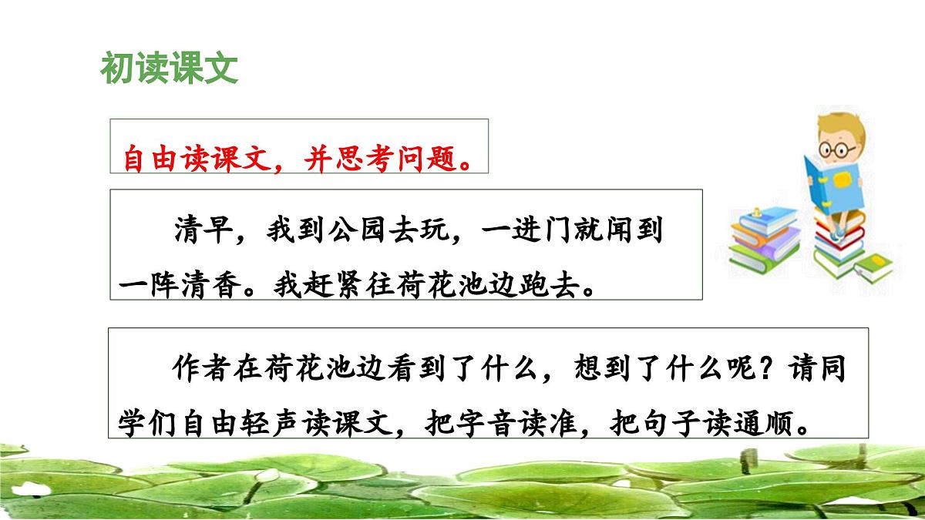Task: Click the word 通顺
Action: click(x=777, y=423)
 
